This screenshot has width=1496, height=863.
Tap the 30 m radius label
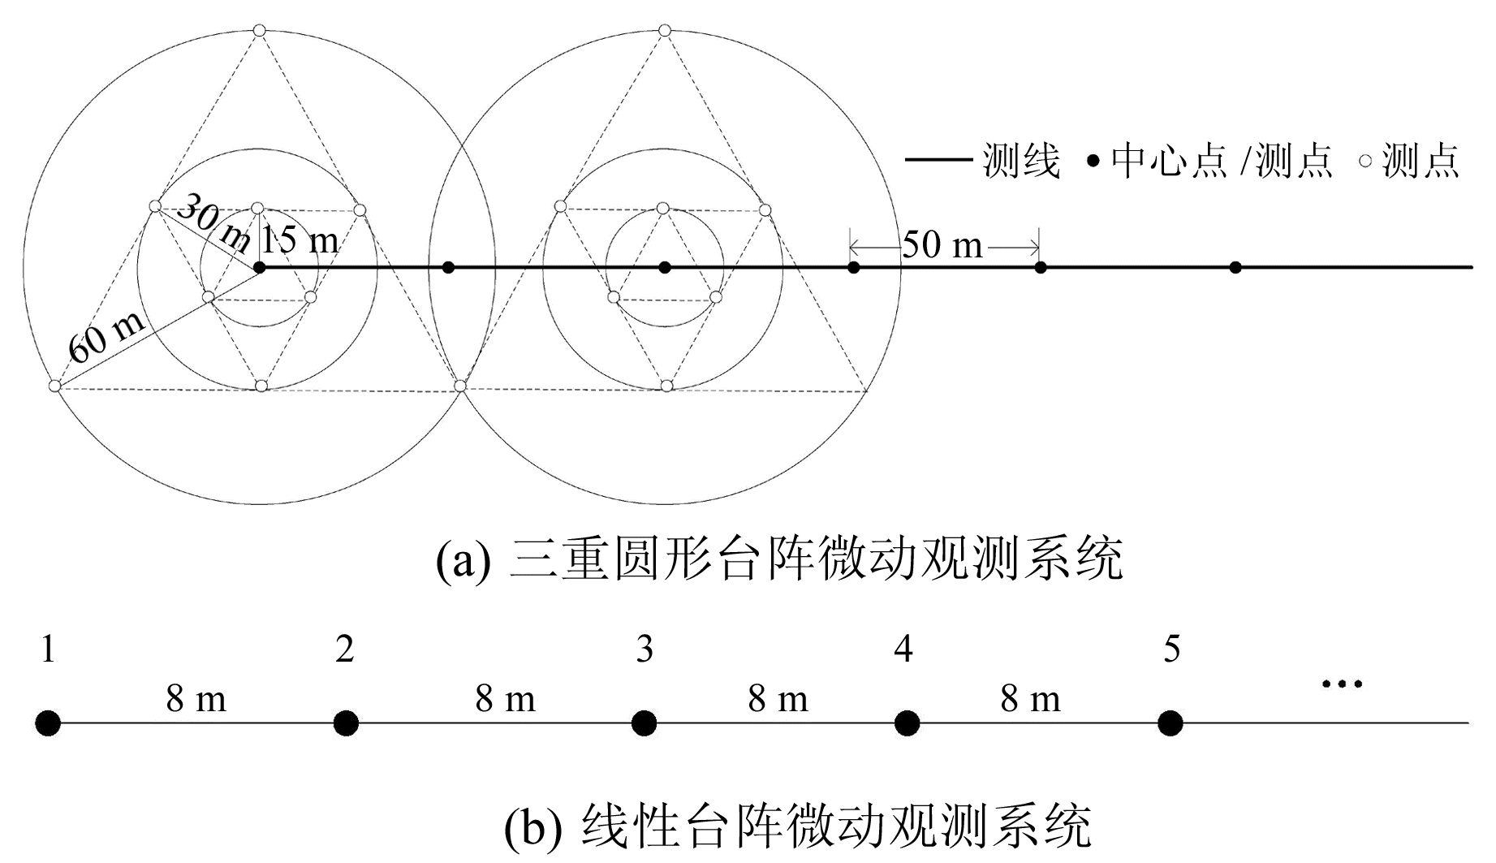tap(213, 222)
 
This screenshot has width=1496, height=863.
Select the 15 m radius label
tap(301, 240)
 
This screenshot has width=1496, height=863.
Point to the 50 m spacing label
tap(942, 244)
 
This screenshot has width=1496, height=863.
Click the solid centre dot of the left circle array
tap(260, 267)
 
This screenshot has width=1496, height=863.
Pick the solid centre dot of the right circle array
tap(665, 267)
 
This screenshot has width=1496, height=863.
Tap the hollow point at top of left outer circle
tap(260, 31)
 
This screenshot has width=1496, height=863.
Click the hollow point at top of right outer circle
tap(665, 31)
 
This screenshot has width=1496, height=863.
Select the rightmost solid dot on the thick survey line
tap(1235, 267)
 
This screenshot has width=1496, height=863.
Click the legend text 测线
tap(1021, 161)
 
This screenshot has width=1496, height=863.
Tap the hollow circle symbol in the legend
tap(1365, 161)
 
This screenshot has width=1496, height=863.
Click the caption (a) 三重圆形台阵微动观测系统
tap(779, 559)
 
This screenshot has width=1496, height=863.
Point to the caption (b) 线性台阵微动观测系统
tap(797, 827)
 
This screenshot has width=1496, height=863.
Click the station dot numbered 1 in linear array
tap(48, 723)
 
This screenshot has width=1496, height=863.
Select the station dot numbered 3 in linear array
tap(644, 723)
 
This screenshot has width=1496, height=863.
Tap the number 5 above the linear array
tap(1171, 649)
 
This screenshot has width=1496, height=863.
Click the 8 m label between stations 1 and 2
tap(196, 699)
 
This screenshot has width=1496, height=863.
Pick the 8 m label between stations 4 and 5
tap(1030, 699)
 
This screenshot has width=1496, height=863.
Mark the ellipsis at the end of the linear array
tap(1342, 684)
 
